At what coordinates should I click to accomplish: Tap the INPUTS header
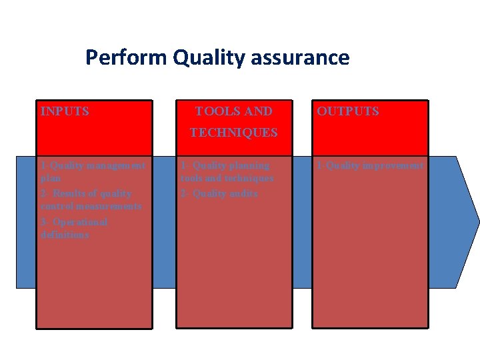click(x=65, y=111)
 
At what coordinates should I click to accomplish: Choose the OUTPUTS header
click(x=348, y=111)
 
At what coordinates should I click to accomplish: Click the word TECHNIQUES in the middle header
click(x=233, y=133)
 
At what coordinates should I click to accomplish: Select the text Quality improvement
click(x=371, y=165)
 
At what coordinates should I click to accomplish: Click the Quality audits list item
click(x=219, y=193)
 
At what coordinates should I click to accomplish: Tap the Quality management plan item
click(x=92, y=171)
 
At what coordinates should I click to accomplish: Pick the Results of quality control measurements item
click(x=91, y=200)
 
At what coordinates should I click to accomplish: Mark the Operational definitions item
click(x=73, y=228)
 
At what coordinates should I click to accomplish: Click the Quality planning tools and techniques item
click(x=227, y=172)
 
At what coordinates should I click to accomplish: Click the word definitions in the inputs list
click(x=65, y=235)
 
